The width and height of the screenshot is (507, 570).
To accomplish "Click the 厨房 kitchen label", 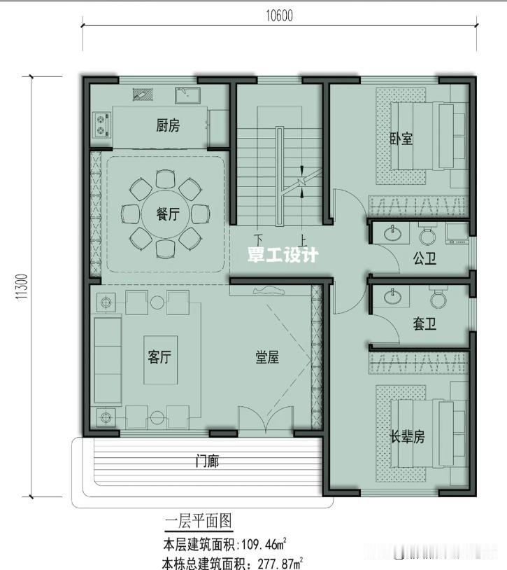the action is (x=168, y=126).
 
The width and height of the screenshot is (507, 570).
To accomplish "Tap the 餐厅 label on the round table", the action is (x=168, y=214).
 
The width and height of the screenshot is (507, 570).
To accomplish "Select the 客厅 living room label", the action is (x=159, y=356).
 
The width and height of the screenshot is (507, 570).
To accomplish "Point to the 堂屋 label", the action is (x=267, y=357).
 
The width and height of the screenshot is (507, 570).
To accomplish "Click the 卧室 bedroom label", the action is (x=401, y=139).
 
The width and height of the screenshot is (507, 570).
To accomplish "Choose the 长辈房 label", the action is (x=407, y=436).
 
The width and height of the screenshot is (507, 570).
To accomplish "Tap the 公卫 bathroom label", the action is (x=424, y=258).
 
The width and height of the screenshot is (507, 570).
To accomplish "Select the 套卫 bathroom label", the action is (x=424, y=324).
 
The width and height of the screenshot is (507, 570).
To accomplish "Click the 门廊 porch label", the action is (x=207, y=461).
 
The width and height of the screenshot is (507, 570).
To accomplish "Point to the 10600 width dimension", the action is (x=280, y=15).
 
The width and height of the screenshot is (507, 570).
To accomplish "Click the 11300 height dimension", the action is (x=22, y=287).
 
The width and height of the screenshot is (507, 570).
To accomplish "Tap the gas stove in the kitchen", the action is (x=102, y=125).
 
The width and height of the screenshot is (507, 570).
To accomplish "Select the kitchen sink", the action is (x=187, y=95).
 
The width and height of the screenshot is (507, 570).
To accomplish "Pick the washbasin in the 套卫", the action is (x=392, y=296).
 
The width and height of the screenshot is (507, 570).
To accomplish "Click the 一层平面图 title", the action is (x=198, y=521).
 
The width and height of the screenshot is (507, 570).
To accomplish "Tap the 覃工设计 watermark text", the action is (x=283, y=255).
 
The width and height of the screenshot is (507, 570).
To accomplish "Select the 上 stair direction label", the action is (x=303, y=239).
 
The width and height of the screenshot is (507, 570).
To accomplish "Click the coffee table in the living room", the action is (x=161, y=360).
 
